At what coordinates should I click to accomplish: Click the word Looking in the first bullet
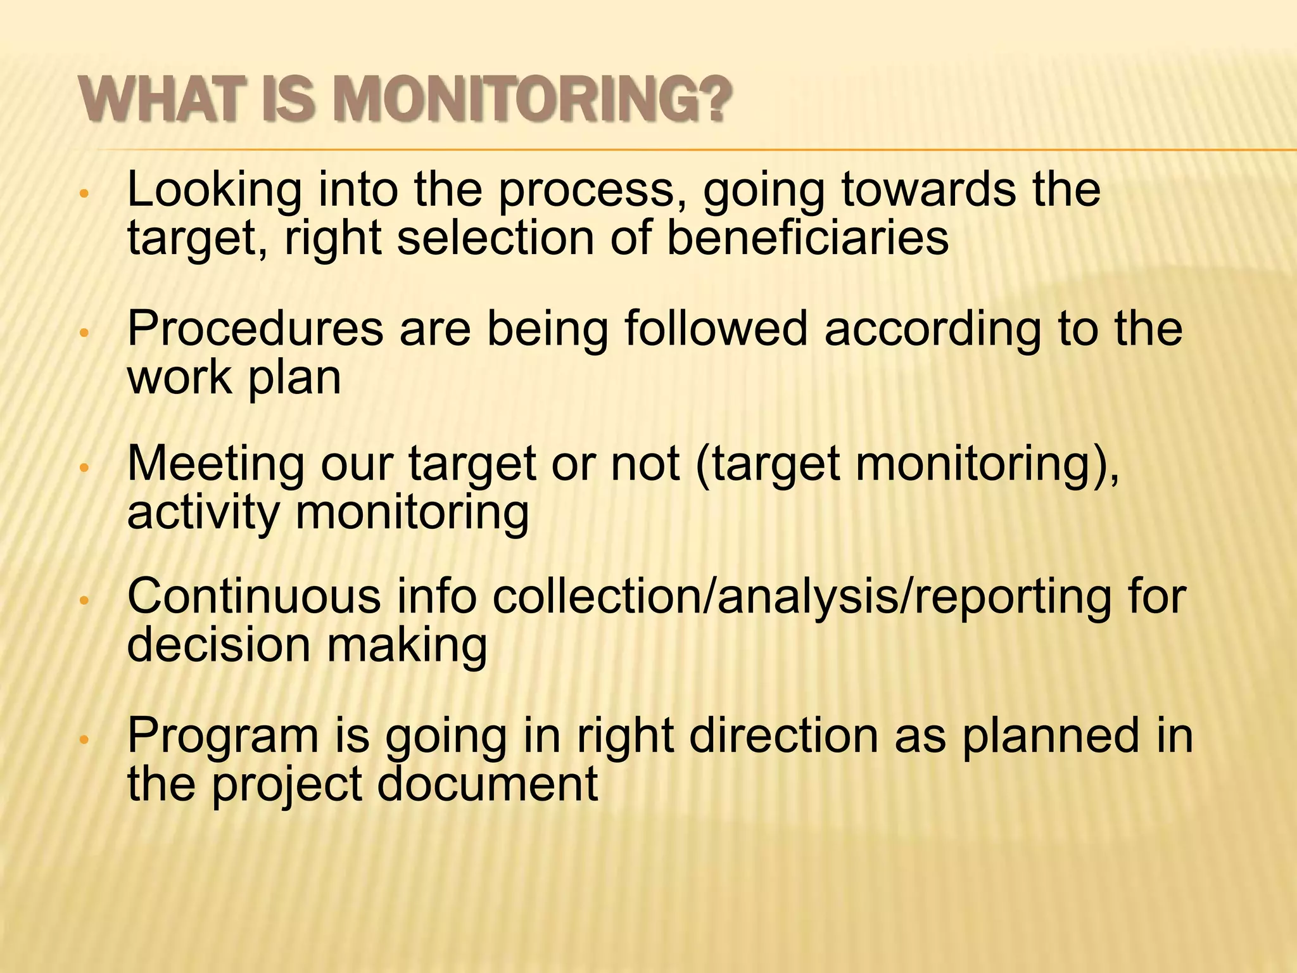point(215,190)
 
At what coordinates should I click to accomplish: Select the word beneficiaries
point(807,238)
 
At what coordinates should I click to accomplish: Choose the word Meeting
point(216,464)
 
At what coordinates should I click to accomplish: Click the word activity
point(202,512)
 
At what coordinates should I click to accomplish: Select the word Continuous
point(254,597)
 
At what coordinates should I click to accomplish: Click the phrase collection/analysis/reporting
point(801,597)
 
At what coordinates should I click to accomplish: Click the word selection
point(496,238)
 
